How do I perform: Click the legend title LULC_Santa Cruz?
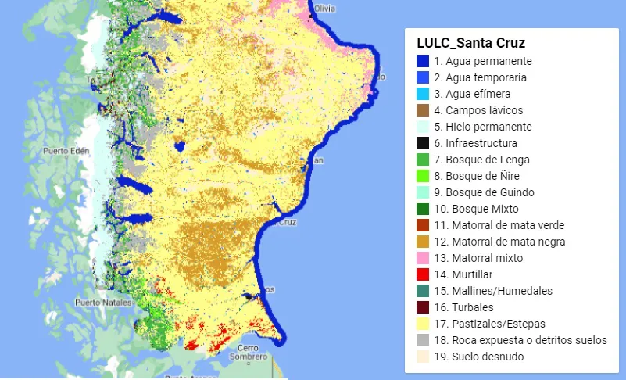pos(471,42)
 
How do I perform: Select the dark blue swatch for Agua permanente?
pos(423,61)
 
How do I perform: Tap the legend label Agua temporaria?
pos(480,77)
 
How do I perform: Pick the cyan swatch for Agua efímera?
pos(423,94)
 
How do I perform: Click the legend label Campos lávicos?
pos(478,110)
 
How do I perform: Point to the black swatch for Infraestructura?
pos(423,143)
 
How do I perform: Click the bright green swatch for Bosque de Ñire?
pos(423,176)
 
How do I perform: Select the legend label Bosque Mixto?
pos(476,209)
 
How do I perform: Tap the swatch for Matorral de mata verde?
pos(423,225)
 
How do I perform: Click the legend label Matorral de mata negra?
pos(499,242)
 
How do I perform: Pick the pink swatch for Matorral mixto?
pos(423,258)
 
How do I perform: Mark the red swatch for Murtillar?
pos(423,274)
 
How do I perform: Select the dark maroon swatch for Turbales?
pos(423,307)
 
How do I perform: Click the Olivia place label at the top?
pos(325,8)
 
